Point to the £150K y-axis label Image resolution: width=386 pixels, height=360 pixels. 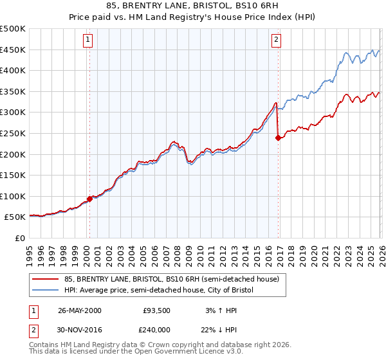(x=13, y=175)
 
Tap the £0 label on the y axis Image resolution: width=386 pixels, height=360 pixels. (x=19, y=239)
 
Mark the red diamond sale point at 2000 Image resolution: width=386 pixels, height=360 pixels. (x=89, y=199)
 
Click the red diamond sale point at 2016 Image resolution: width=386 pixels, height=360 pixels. (x=278, y=137)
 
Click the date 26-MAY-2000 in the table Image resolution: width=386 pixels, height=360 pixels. (x=80, y=310)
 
